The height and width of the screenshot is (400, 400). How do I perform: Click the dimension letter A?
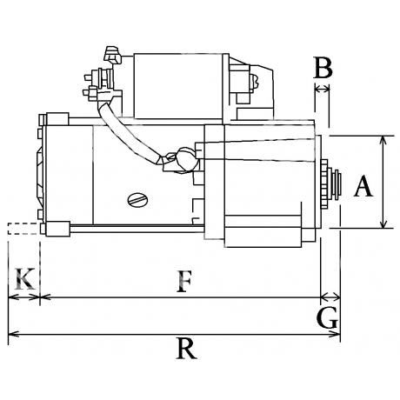point(363,187)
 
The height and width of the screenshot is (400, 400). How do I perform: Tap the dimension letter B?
point(323,68)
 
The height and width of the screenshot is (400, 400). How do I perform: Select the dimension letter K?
point(25,279)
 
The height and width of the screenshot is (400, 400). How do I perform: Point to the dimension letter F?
point(184,282)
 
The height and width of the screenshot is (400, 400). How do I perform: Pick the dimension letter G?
point(328,317)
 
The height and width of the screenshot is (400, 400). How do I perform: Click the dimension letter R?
point(186,349)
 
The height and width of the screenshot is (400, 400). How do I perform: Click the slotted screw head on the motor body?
point(137,200)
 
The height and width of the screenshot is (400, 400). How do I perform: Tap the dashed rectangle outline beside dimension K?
point(23,229)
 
